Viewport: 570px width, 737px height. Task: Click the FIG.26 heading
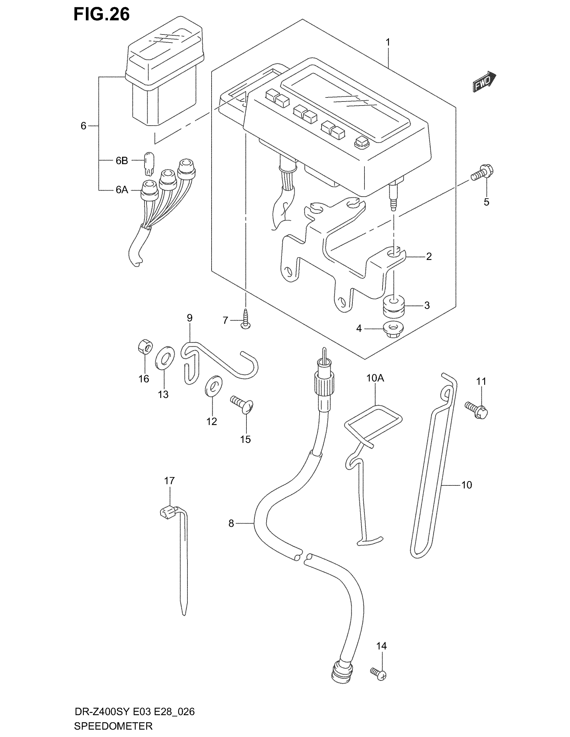coord(102,15)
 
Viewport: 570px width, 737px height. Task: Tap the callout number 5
coord(486,202)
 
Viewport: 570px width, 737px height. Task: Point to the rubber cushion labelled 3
coord(394,306)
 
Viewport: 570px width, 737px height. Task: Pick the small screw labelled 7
coord(246,319)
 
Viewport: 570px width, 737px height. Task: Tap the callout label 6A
coord(122,190)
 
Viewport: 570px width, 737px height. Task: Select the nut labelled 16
coord(145,347)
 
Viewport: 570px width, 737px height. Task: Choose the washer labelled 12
coord(213,385)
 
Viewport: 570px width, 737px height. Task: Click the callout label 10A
coord(375,378)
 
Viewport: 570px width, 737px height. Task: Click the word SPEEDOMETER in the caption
coord(113,726)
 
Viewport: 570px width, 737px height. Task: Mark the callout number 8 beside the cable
coord(231,523)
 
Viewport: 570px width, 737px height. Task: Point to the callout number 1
coord(388,42)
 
